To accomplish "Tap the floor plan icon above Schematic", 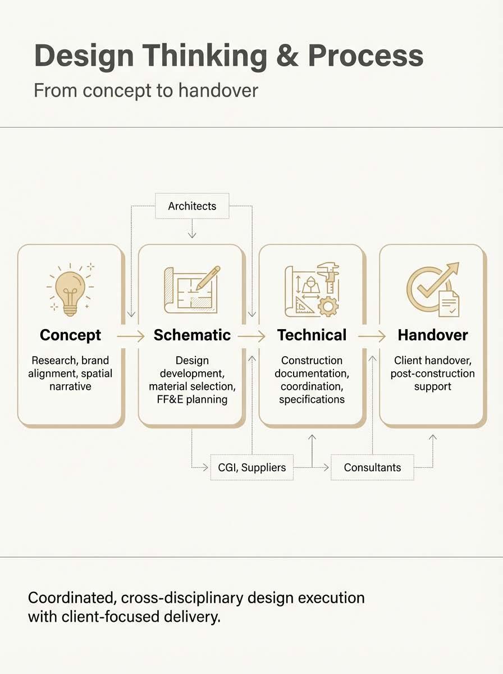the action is click(191, 289).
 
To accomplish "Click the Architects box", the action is click(192, 206).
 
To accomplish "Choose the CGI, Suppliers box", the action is click(252, 467).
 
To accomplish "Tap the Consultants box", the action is click(372, 467).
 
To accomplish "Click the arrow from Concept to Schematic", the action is click(131, 336).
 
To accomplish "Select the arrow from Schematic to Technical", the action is click(251, 336).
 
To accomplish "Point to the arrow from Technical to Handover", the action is click(372, 336).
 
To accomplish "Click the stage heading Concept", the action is click(70, 335).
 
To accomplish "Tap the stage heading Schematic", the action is click(192, 335).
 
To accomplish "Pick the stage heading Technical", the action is click(312, 335).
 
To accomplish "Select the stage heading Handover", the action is click(433, 335).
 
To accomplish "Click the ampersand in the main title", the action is click(287, 56).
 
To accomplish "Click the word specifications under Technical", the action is click(312, 399).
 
